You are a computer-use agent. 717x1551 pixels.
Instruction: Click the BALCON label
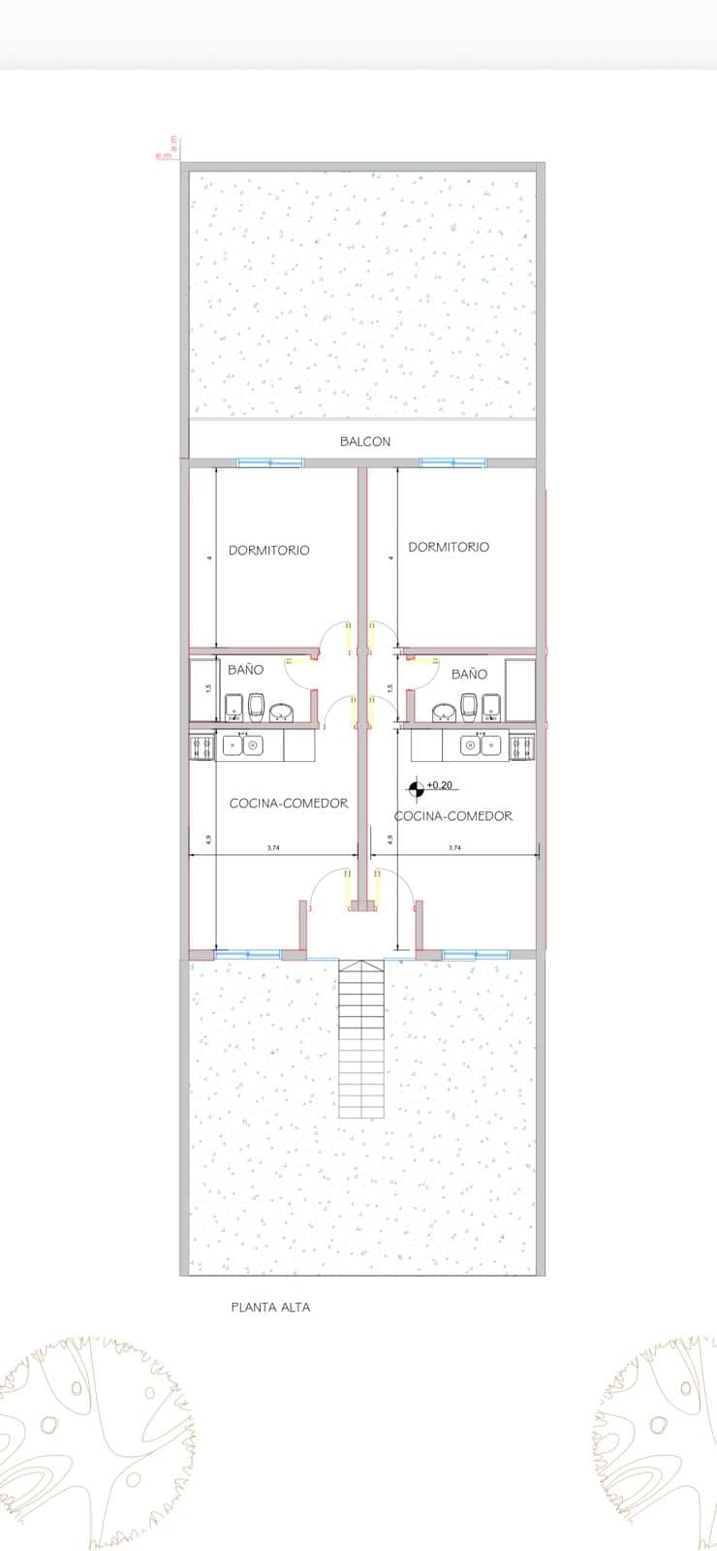365,441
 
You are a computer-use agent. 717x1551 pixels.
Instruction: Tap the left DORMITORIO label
269,550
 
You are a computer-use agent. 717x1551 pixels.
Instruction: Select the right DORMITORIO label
449,547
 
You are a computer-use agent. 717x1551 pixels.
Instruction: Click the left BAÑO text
245,670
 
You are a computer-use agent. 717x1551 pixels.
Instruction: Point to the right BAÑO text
469,674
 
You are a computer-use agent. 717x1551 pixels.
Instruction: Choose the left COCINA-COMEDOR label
289,803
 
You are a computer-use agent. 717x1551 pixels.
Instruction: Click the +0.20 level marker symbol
416,790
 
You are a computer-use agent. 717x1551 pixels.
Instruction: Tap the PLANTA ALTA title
270,1307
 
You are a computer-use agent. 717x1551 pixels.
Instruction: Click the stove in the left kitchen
202,746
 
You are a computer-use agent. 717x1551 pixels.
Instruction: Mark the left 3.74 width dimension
273,847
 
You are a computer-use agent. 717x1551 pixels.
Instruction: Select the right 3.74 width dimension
454,847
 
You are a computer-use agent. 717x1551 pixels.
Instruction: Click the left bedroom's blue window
270,462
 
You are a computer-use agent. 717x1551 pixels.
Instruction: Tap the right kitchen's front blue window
476,954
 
